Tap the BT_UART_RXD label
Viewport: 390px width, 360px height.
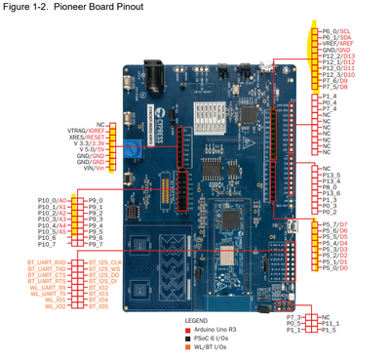click(x=47, y=261)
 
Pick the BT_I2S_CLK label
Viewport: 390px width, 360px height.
click(x=103, y=261)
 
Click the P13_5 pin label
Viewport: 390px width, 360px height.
click(x=331, y=176)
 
